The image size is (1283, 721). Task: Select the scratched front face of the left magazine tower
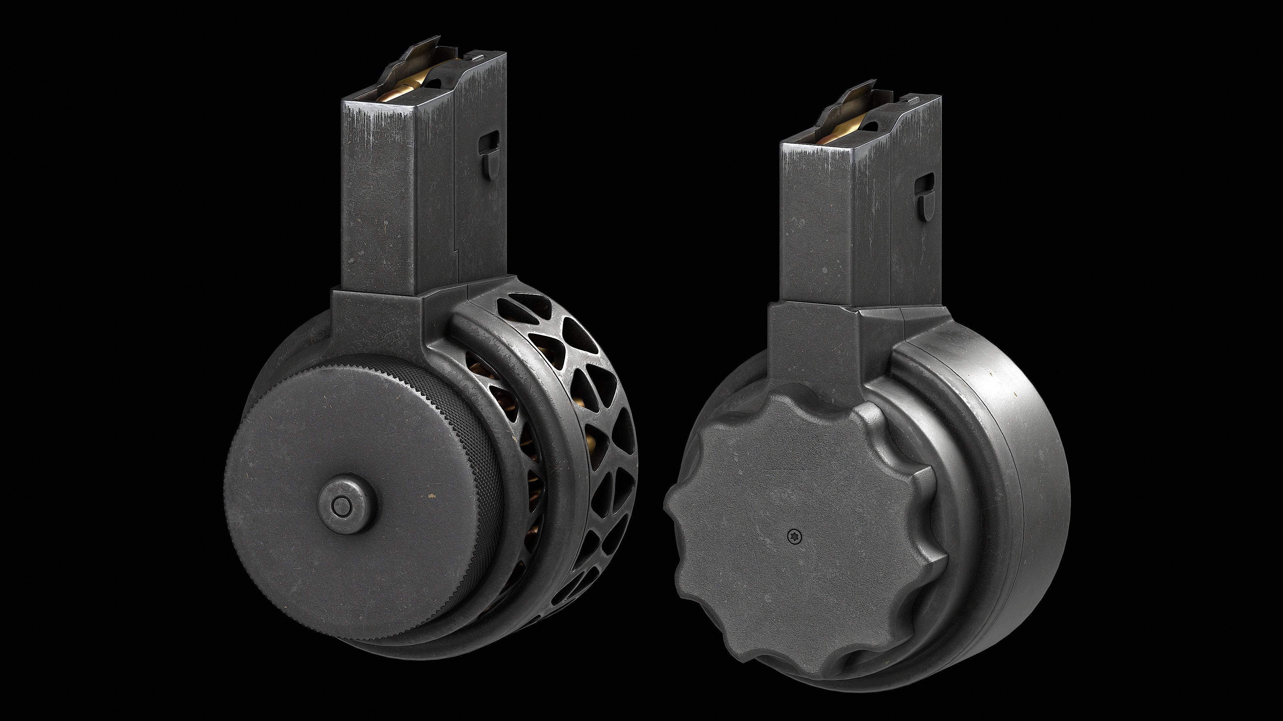pyautogui.click(x=379, y=199)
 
